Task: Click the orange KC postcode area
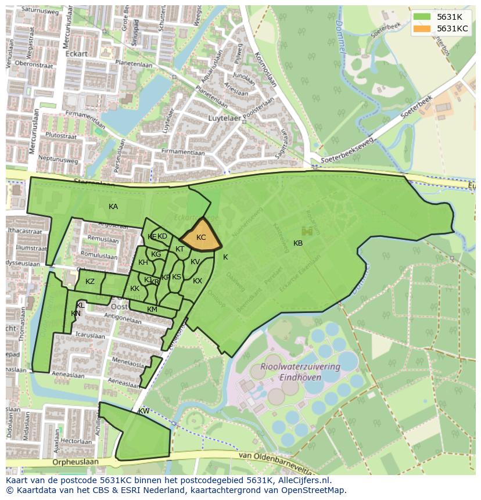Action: (x=201, y=238)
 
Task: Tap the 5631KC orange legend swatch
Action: (x=422, y=28)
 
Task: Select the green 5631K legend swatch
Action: (x=422, y=17)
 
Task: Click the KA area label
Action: (x=113, y=207)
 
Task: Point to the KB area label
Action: (x=298, y=243)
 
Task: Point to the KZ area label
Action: (x=90, y=282)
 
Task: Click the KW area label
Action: (x=143, y=411)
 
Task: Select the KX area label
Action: (x=198, y=281)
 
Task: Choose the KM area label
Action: (x=152, y=310)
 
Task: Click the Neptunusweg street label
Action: (x=58, y=158)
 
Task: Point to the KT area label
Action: (x=180, y=249)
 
